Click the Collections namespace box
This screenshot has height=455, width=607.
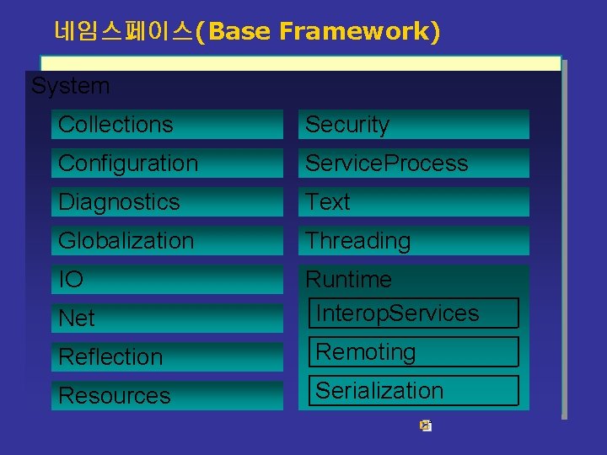[167, 125]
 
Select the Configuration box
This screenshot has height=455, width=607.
[167, 163]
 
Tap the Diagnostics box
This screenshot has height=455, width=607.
[167, 202]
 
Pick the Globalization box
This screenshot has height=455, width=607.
[167, 241]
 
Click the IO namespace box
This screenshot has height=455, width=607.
[167, 280]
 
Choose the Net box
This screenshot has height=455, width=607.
[167, 318]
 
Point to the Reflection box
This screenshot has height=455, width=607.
[167, 357]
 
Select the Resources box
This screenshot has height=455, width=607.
[167, 396]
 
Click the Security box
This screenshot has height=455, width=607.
[413, 125]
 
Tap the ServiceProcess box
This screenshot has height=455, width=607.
[413, 163]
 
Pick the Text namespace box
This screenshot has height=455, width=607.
[413, 202]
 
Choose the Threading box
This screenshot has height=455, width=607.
[413, 241]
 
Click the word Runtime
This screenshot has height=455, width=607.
[348, 279]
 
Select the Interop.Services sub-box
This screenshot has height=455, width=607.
[413, 313]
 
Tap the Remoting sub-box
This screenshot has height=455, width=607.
[413, 352]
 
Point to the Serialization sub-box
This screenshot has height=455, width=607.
[413, 391]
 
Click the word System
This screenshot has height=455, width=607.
[70, 86]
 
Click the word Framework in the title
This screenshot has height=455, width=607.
[359, 33]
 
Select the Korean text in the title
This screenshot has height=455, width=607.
[122, 33]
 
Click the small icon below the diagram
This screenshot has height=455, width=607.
[426, 426]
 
